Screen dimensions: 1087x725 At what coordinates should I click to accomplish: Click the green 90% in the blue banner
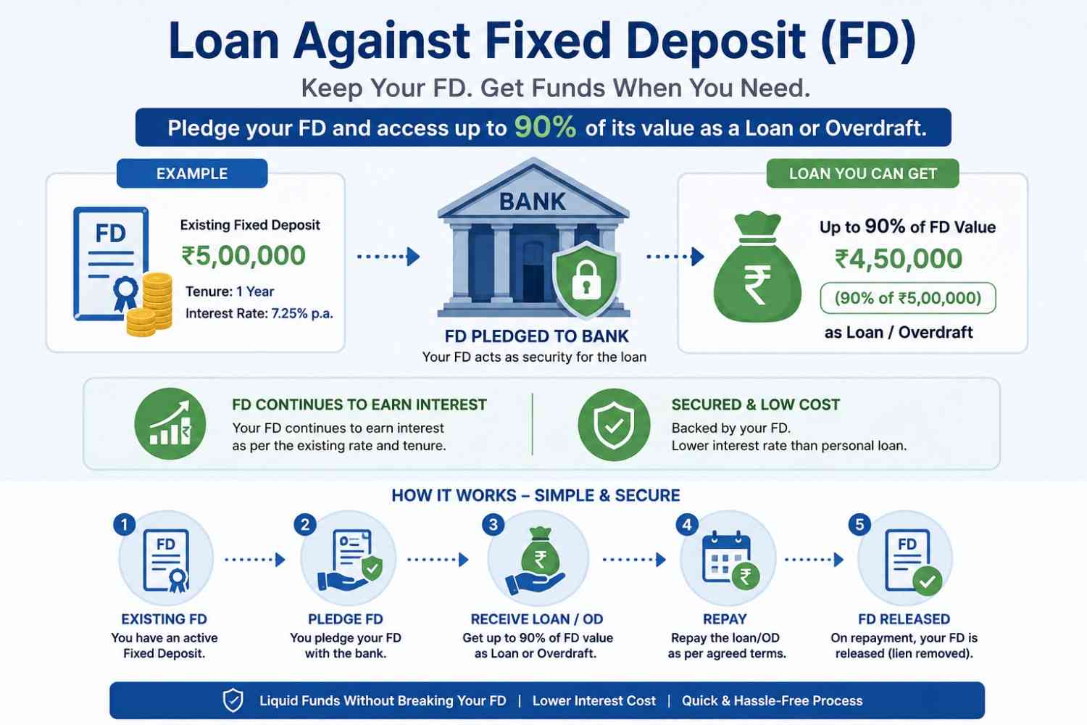(545, 127)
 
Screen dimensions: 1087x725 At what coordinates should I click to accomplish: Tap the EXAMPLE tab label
(192, 173)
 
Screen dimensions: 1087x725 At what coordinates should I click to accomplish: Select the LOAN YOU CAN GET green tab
(863, 173)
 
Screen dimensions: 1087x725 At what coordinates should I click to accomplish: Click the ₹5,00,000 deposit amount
(243, 255)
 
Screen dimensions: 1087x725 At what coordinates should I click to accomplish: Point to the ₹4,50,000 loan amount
(899, 258)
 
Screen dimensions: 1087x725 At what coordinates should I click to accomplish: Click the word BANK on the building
(533, 202)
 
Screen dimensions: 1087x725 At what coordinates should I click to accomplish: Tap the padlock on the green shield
(586, 281)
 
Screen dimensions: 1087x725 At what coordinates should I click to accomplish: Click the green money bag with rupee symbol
(757, 267)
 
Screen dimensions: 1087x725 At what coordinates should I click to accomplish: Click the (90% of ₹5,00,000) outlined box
(908, 298)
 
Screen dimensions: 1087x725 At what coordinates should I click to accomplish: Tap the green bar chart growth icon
(170, 423)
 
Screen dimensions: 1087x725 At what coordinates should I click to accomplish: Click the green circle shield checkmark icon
(614, 424)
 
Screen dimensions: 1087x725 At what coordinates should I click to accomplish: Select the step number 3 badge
(493, 524)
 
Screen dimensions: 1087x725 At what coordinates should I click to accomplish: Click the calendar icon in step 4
(726, 558)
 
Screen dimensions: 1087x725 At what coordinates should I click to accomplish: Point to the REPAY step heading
(725, 619)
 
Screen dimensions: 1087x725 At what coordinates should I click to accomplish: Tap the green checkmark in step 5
(928, 581)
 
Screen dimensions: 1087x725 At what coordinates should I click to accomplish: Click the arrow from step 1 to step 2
(255, 560)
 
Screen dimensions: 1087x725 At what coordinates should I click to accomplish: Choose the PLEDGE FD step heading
(346, 619)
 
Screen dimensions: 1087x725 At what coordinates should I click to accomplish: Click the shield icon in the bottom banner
(233, 700)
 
